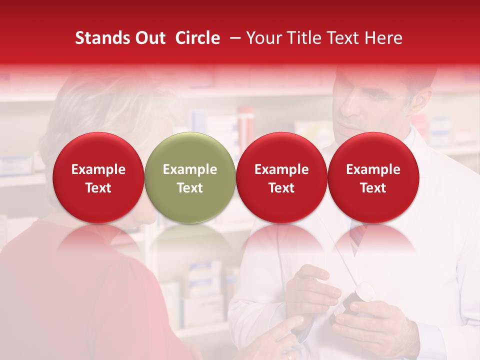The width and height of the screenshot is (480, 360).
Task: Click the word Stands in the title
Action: [100, 38]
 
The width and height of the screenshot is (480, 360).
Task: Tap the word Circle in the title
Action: [197, 38]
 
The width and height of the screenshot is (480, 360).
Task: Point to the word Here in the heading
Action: [384, 38]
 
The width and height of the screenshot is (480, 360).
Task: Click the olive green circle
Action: [190, 177]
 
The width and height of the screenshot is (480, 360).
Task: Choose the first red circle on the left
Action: [98, 177]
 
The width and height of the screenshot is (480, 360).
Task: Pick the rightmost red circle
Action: [373, 177]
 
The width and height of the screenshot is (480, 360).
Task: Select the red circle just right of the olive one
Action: [281, 177]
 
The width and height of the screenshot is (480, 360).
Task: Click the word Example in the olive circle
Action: [190, 169]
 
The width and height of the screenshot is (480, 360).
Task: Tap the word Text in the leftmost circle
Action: [98, 188]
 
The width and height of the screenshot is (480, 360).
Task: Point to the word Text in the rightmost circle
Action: [373, 188]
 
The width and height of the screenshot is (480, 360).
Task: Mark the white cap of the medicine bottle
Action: [363, 291]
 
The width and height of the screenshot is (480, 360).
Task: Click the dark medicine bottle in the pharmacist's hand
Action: [350, 307]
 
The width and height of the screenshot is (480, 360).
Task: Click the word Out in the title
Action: [149, 38]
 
